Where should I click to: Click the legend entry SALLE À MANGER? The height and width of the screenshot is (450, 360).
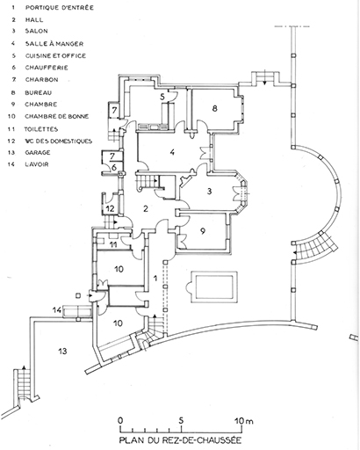click(54, 44)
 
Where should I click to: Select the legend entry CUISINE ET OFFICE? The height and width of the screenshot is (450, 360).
click(55, 55)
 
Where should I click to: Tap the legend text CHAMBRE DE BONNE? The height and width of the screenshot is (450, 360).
click(57, 116)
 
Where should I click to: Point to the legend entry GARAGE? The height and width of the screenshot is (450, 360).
click(38, 153)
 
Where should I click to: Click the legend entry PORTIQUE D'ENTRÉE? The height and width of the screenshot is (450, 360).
click(60, 8)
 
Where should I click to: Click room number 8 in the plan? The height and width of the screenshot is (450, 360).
click(215, 108)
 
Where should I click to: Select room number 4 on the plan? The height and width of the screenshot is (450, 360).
click(172, 152)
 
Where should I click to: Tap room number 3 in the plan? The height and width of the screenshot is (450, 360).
click(209, 192)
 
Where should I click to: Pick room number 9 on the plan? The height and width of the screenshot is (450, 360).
click(203, 231)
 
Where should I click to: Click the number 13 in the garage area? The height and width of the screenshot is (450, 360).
click(62, 351)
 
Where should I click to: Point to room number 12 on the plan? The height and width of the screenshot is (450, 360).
click(110, 208)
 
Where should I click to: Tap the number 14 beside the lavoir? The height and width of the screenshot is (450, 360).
click(57, 309)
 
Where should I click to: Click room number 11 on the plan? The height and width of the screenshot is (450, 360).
click(113, 244)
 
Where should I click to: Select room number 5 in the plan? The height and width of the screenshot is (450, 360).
click(163, 97)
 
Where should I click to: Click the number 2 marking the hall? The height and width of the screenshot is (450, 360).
click(146, 208)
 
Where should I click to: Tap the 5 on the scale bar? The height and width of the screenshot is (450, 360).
click(181, 421)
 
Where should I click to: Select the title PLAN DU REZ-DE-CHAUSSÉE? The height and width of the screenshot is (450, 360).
click(180, 440)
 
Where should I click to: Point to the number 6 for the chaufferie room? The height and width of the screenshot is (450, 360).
click(114, 168)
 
